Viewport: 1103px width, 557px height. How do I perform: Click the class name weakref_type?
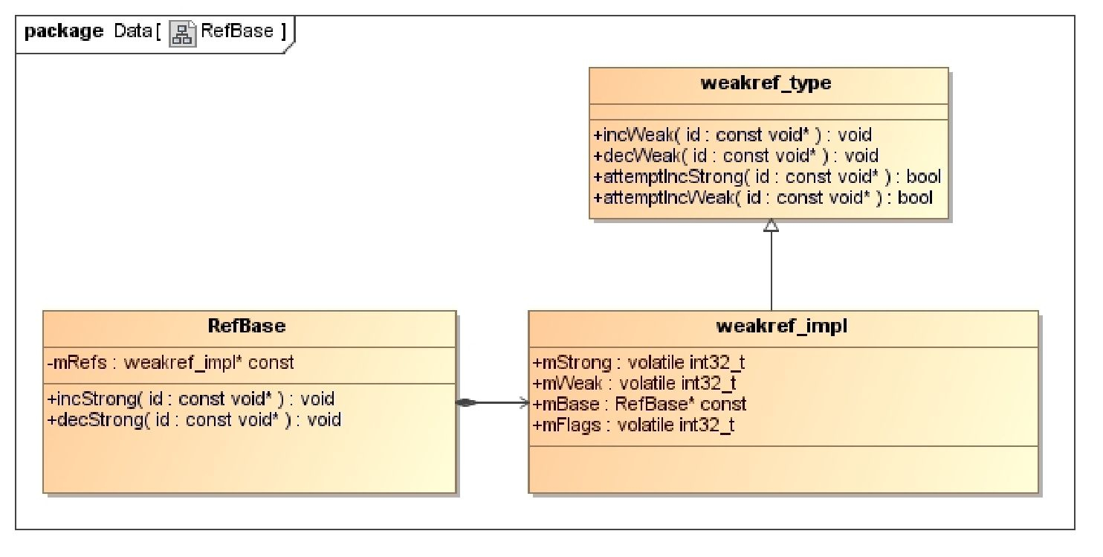769,83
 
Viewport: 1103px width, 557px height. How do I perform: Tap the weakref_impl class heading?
783,327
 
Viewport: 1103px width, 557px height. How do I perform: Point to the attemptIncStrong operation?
766,177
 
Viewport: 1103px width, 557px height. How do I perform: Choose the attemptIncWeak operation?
763,198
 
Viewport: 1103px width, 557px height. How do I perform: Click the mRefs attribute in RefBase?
171,363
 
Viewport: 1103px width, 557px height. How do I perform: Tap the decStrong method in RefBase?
194,419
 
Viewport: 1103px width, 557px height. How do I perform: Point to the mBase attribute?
640,405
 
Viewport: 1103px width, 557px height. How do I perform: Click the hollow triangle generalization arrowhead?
771,225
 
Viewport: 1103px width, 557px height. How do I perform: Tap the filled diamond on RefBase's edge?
465,403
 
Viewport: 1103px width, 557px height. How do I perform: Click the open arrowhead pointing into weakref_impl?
523,403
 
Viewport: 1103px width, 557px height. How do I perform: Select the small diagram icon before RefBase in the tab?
184,33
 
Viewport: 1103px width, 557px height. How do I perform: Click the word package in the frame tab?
63,32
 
